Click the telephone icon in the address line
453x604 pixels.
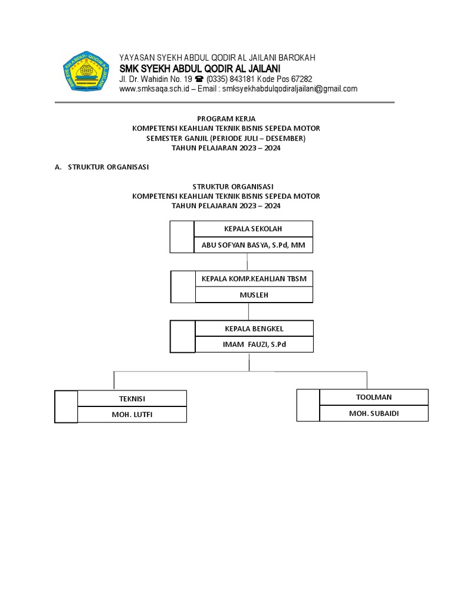[x=199, y=79]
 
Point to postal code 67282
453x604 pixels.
[x=300, y=79]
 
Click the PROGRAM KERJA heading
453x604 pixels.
[x=226, y=119]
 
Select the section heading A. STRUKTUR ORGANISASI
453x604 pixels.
[x=101, y=167]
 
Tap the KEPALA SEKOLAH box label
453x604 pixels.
[x=253, y=229]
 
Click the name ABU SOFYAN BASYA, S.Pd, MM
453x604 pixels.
[x=253, y=245]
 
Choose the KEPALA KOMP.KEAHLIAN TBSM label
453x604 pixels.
[x=254, y=278]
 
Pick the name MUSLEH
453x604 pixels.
[x=254, y=294]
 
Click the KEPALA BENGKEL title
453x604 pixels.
[x=254, y=328]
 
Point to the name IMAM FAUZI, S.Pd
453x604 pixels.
[x=254, y=344]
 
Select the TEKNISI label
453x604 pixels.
[x=132, y=399]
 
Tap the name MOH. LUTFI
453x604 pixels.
[x=132, y=415]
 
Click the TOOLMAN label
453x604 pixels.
[x=374, y=397]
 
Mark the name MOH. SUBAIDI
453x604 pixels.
[x=374, y=413]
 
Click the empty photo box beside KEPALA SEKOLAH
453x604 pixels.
[x=182, y=237]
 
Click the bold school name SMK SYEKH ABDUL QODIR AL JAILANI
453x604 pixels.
[x=200, y=68]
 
